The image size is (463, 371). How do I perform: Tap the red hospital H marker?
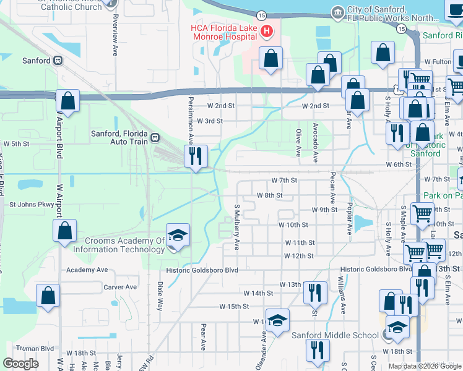267,30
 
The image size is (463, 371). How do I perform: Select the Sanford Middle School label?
335,335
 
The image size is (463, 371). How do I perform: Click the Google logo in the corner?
21,364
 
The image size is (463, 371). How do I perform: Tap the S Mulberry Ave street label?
236,227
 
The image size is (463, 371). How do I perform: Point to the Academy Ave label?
87,270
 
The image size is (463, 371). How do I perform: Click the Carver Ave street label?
120,287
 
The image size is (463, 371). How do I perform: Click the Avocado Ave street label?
316,142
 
